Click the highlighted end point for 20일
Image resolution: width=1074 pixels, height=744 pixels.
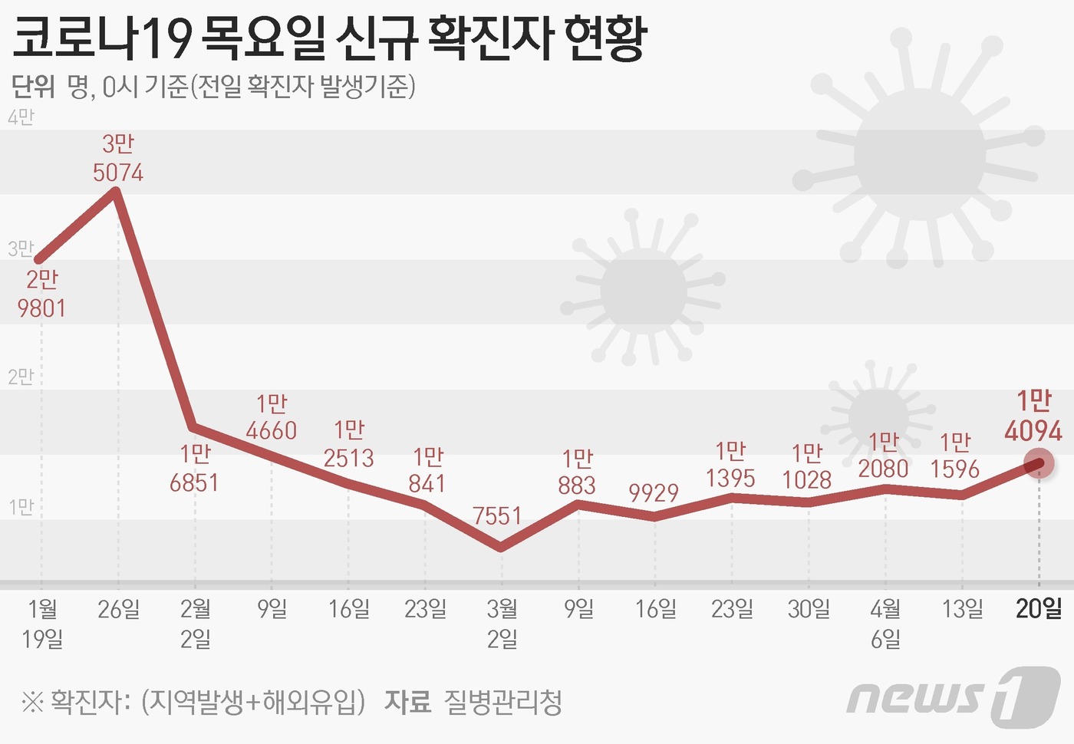1039,463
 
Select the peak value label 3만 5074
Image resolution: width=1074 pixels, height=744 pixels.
118,158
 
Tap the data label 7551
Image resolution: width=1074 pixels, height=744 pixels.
497,515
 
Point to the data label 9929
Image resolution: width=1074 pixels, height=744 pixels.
654,492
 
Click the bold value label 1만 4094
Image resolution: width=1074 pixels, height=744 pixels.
1033,416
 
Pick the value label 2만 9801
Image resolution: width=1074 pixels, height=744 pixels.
42,294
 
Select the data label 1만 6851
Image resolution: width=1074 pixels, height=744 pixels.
195,468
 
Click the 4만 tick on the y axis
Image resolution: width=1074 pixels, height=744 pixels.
21,117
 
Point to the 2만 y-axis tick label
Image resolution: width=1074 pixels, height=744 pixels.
21,377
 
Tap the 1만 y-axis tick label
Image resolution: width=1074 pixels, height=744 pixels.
21,507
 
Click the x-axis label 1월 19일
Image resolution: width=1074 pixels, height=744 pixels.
42,624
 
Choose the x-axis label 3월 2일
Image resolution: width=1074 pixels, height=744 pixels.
502,624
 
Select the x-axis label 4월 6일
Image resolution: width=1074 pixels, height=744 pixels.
885,624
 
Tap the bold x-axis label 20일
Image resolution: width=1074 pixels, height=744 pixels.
1039,609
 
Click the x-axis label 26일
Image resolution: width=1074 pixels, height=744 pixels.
119,609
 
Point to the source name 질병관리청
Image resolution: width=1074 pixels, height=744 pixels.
502,701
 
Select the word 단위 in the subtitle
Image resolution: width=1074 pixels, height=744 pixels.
33,87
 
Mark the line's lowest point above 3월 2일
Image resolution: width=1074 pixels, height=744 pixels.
501,547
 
